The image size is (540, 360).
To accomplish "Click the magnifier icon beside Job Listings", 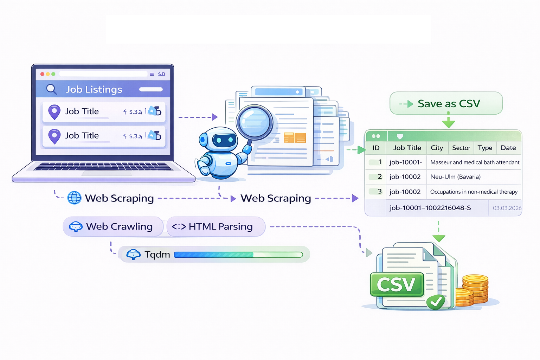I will [51, 89].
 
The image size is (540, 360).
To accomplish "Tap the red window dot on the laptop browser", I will [42, 74].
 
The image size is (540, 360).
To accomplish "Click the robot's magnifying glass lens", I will [255, 123].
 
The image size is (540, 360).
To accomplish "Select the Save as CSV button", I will [446, 103].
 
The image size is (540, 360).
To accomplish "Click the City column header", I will [437, 148].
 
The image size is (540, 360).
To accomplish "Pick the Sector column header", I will [461, 148].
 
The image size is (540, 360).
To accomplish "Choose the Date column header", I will [508, 148].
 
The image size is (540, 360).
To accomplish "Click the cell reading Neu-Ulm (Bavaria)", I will [455, 177].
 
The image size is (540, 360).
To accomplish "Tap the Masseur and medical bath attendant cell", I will [475, 162].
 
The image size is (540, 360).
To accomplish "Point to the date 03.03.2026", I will [507, 208].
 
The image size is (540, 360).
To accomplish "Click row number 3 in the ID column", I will [379, 191].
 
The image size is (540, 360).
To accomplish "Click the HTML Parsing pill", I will [216, 226].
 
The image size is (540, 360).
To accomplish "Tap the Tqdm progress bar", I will [238, 255].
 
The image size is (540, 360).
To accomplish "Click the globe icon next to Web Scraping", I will [74, 198].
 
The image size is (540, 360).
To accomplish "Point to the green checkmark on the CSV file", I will [436, 302].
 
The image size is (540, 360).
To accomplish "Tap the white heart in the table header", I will [400, 136].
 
